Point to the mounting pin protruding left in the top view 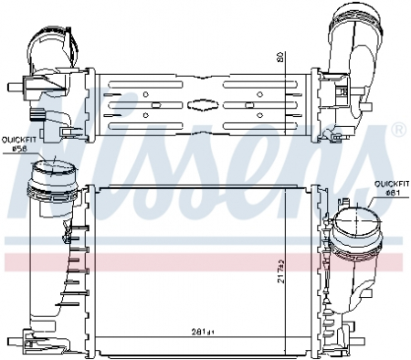click(x=13, y=90)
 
